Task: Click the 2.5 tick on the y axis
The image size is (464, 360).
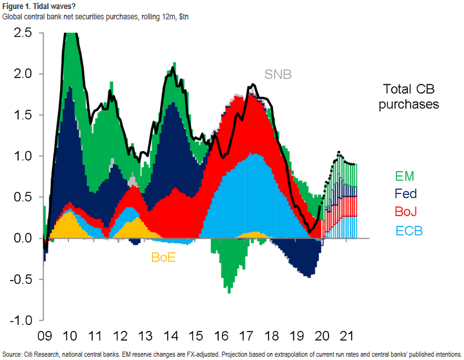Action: [23, 32]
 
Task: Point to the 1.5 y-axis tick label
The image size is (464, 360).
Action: [23, 115]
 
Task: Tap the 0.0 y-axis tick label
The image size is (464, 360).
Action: [23, 239]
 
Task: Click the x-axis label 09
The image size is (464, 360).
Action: [44, 337]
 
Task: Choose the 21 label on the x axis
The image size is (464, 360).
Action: [346, 337]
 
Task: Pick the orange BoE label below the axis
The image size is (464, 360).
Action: [163, 257]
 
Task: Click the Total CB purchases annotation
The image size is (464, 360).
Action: [410, 96]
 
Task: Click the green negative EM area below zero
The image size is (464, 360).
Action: [228, 265]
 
